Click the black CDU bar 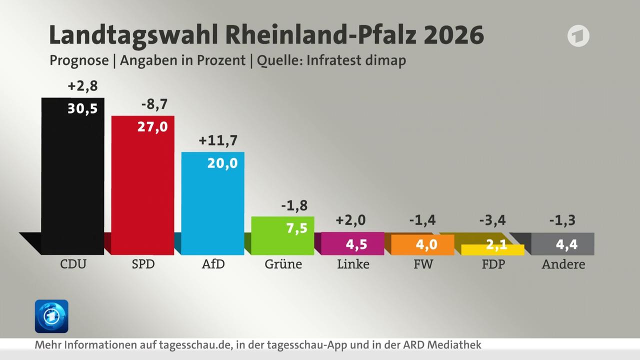[72, 180]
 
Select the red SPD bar [142, 190]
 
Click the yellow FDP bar [492, 250]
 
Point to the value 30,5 [82, 109]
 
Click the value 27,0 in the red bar [152, 126]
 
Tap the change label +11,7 [218, 140]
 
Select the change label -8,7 [154, 104]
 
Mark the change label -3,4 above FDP [492, 220]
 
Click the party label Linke [353, 264]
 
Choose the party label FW [423, 264]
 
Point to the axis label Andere [563, 264]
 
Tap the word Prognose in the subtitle [79, 60]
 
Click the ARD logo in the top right [578, 36]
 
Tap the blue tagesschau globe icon [51, 316]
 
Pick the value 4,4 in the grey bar [566, 244]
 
